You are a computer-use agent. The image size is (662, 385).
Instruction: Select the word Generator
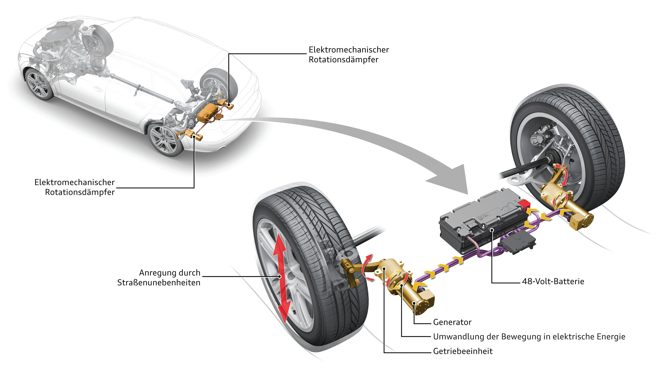click(452, 322)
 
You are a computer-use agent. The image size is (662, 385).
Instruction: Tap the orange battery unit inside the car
click(208, 113)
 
